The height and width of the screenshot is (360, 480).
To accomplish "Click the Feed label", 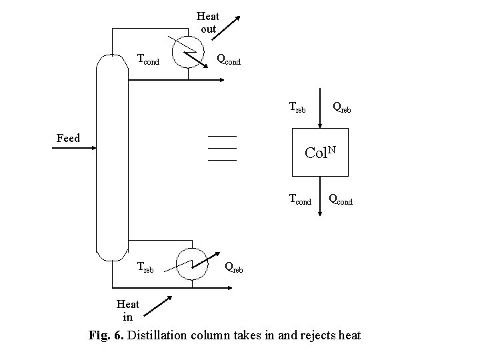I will click(67, 138).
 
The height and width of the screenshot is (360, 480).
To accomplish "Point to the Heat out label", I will click(208, 23).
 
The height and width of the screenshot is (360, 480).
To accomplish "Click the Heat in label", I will click(127, 310).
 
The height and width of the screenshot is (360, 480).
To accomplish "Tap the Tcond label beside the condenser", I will click(147, 59).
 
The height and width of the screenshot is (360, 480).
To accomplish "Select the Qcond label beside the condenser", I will click(229, 59).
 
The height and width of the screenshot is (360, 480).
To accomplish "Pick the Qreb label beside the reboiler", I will click(233, 267).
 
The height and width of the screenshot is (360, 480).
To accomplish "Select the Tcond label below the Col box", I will click(299, 199).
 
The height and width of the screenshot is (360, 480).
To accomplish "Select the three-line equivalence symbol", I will click(222, 148).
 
